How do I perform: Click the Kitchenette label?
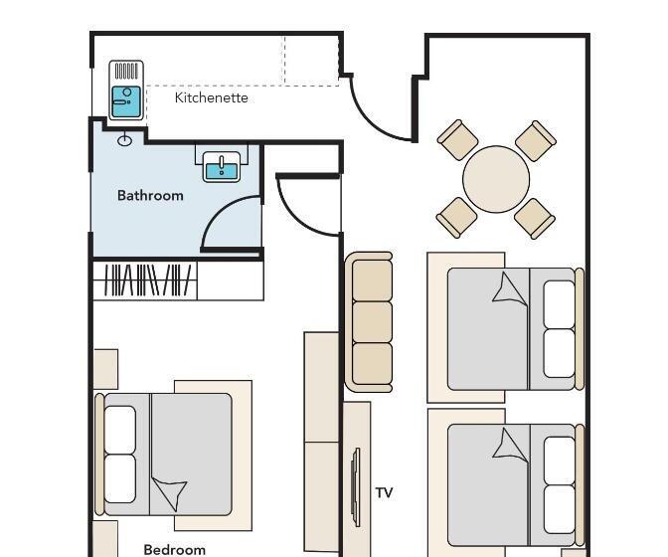[x=212, y=97]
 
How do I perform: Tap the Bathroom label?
[x=150, y=196]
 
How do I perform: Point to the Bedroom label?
[x=175, y=550]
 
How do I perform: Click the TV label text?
[x=384, y=493]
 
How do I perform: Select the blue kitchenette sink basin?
[x=126, y=101]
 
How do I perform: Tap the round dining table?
[x=496, y=179]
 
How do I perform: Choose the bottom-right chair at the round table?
[x=535, y=219]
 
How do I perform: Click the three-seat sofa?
[x=369, y=322]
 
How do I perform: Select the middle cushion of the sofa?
[x=373, y=322]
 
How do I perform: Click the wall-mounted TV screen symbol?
[x=356, y=487]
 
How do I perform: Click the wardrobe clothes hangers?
[x=147, y=279]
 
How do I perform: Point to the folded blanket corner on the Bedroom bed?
[x=170, y=493]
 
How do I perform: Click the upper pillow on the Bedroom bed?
[x=120, y=429]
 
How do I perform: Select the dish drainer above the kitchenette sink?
[x=126, y=72]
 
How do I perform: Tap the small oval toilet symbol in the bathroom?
[x=124, y=140]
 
